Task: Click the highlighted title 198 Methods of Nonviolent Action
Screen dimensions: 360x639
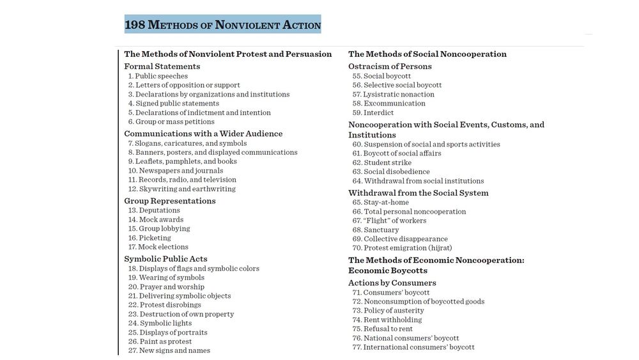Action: (x=222, y=25)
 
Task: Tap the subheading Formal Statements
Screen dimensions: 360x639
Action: (x=162, y=67)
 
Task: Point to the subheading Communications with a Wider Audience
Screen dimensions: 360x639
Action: (x=203, y=134)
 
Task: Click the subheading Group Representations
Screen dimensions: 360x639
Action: (x=170, y=201)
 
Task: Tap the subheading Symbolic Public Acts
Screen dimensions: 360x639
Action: (x=166, y=259)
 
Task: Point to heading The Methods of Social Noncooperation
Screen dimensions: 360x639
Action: (x=427, y=54)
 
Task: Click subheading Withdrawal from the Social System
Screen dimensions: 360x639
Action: (x=419, y=193)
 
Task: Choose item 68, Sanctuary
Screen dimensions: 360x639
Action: (x=381, y=230)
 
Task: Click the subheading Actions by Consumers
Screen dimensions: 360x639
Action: (x=392, y=283)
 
